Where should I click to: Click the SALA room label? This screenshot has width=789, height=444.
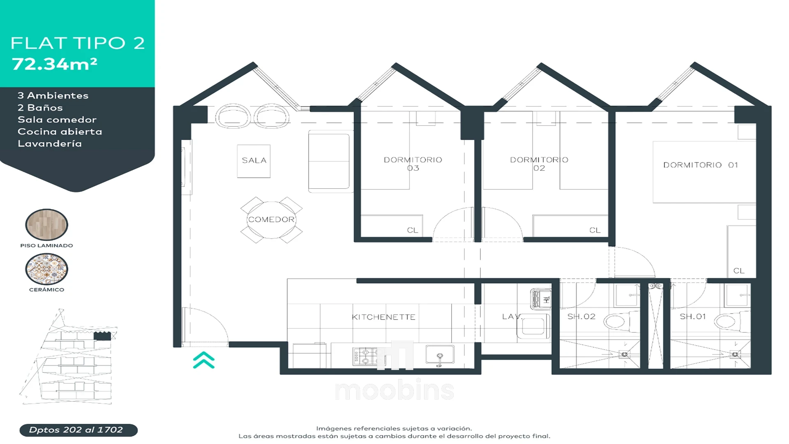pos(254,160)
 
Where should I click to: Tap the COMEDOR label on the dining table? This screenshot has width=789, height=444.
pos(271,220)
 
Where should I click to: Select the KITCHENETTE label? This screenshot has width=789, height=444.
pos(383,317)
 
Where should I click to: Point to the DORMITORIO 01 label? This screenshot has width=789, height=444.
pos(701,165)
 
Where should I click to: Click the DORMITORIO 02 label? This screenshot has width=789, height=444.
pos(539,164)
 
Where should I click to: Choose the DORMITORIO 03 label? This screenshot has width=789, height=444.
pos(413,164)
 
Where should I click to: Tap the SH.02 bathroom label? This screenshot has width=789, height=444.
pos(581,317)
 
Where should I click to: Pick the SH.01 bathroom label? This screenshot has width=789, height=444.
pos(692,317)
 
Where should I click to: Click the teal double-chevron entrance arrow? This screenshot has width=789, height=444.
pos(204,360)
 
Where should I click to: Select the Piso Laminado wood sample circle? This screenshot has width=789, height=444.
pos(46,224)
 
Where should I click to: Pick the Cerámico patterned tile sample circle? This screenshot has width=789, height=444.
pos(46,269)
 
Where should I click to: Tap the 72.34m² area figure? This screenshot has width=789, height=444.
pos(55,64)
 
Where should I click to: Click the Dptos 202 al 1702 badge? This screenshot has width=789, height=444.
pos(78,430)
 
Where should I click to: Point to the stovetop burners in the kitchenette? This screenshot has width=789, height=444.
pos(365,356)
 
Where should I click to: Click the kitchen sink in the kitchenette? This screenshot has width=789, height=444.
pos(440,355)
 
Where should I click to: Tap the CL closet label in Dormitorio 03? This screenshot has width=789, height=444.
pos(413,230)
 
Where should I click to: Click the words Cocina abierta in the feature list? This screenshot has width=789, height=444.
pos(60,132)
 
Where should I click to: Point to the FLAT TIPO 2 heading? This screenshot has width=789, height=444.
pos(78,43)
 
